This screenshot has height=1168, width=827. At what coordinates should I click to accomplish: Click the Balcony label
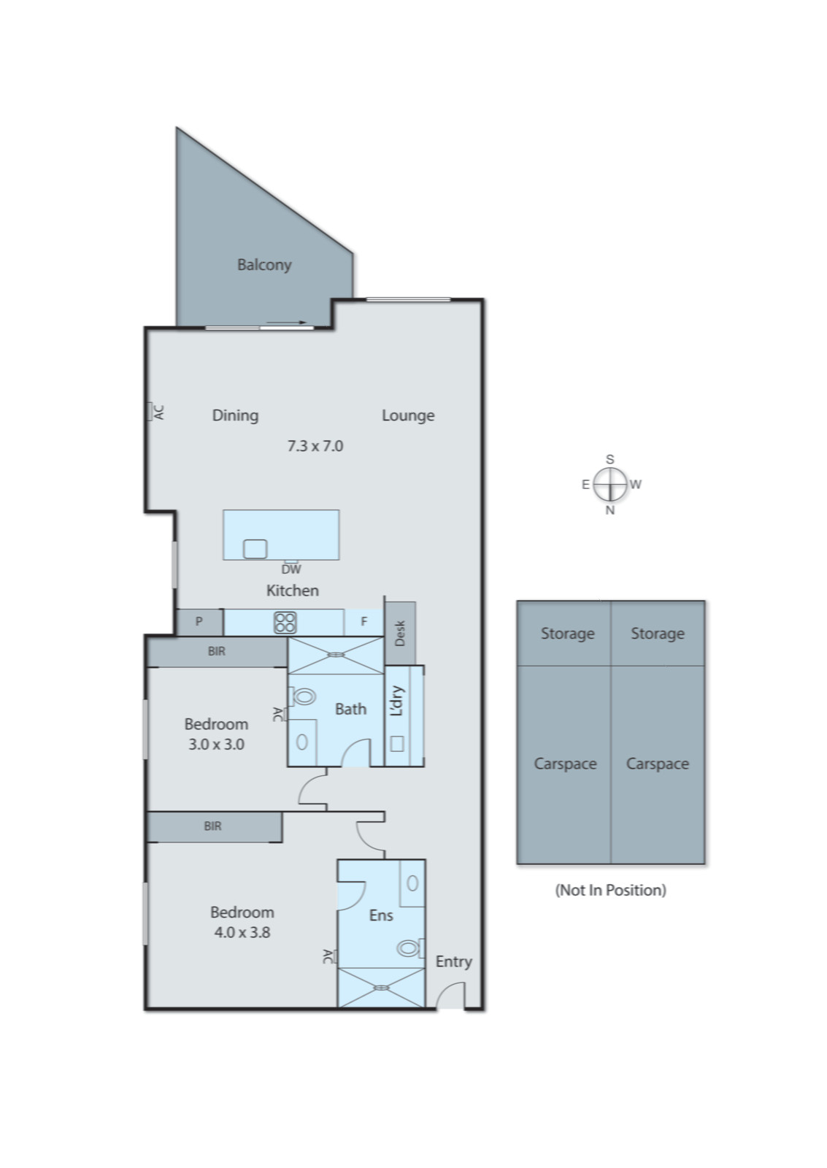(264, 264)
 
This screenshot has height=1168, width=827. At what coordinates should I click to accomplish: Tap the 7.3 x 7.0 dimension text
(315, 446)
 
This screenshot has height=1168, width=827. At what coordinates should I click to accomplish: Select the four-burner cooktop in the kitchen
(285, 623)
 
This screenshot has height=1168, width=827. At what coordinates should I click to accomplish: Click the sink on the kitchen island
(255, 548)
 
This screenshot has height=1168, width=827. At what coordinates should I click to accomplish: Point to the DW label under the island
(291, 569)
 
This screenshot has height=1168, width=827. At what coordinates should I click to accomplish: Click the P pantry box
(199, 622)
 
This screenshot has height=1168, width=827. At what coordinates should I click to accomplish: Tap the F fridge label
(364, 622)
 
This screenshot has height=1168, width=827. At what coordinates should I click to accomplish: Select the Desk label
(400, 633)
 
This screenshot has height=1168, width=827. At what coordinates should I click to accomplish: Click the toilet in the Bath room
(303, 696)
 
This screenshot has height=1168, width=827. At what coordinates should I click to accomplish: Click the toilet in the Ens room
(408, 948)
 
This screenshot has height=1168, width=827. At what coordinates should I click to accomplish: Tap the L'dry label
(396, 701)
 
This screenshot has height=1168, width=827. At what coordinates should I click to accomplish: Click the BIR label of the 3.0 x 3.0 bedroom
(216, 651)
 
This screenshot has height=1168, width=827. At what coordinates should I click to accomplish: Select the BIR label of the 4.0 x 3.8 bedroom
(212, 826)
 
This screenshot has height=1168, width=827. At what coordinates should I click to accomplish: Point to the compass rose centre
(609, 484)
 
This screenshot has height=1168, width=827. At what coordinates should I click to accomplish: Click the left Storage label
(566, 634)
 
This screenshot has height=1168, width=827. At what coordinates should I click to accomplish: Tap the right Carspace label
(657, 764)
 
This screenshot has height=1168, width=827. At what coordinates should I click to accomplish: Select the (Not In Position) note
(610, 890)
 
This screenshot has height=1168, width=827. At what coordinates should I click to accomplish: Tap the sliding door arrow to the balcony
(286, 322)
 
